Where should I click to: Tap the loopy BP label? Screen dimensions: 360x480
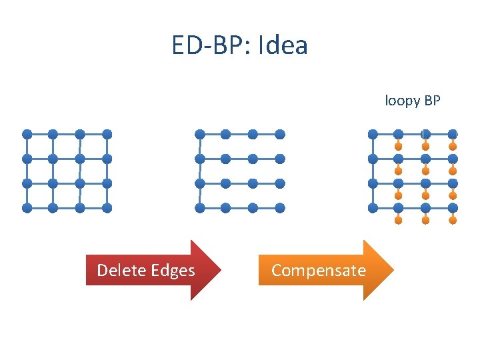click(x=413, y=101)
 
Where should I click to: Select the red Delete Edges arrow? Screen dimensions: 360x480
click(x=153, y=270)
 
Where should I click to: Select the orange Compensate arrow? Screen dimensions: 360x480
click(x=326, y=270)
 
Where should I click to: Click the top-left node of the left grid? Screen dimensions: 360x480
click(x=27, y=134)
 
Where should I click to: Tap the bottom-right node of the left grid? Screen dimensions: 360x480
click(x=107, y=207)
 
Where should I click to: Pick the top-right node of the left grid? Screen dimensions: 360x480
click(x=107, y=134)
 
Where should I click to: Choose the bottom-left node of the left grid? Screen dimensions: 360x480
click(x=27, y=207)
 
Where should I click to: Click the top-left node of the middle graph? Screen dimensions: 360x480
click(x=199, y=134)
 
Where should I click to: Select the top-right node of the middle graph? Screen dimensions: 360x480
click(x=280, y=134)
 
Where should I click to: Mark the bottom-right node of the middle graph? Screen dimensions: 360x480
click(x=280, y=207)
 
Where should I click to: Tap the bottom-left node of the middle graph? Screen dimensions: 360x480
click(x=199, y=207)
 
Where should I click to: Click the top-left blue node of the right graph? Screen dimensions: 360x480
click(x=373, y=134)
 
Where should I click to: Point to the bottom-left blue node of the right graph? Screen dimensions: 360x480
click(x=373, y=207)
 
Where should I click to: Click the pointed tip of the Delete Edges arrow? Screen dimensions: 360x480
click(x=221, y=270)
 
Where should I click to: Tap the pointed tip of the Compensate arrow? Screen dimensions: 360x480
click(x=393, y=270)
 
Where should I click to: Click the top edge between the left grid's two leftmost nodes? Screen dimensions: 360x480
click(x=40, y=134)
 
